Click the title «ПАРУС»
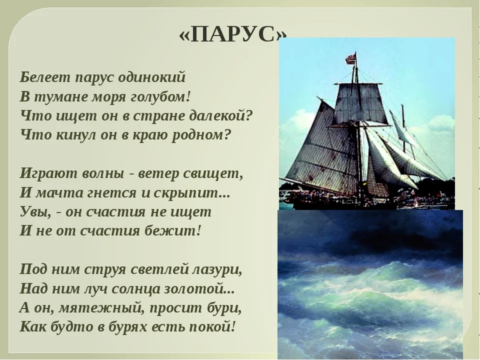[x=233, y=34]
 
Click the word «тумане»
[x=58, y=96]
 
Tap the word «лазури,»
[x=217, y=269]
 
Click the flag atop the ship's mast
[x=350, y=58]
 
